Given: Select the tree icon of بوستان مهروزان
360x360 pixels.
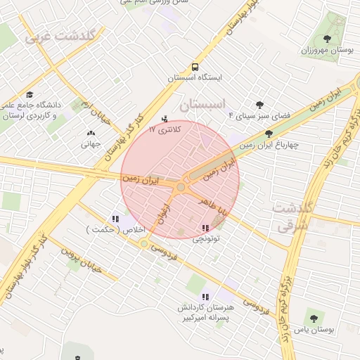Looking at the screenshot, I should [x=326, y=39].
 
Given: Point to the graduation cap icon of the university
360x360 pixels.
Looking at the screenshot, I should [x=30, y=94].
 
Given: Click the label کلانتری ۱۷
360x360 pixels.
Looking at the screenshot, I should [x=165, y=130].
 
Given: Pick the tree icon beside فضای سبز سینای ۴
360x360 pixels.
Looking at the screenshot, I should [x=260, y=105].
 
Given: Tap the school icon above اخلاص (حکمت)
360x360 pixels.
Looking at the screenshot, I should [x=115, y=219].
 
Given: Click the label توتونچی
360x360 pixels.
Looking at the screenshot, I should [x=206, y=238].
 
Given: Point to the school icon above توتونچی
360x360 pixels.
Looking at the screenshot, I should [x=205, y=228].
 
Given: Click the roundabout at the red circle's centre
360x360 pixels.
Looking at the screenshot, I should [x=181, y=187].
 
